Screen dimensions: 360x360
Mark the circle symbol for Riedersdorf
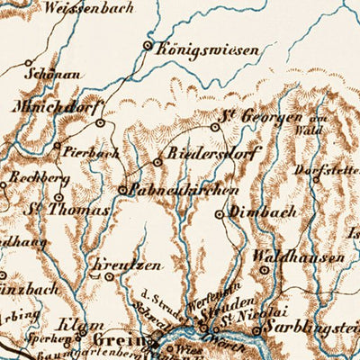157,162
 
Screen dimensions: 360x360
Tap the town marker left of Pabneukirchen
123,190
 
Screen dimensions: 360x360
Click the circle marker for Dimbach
220,215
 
